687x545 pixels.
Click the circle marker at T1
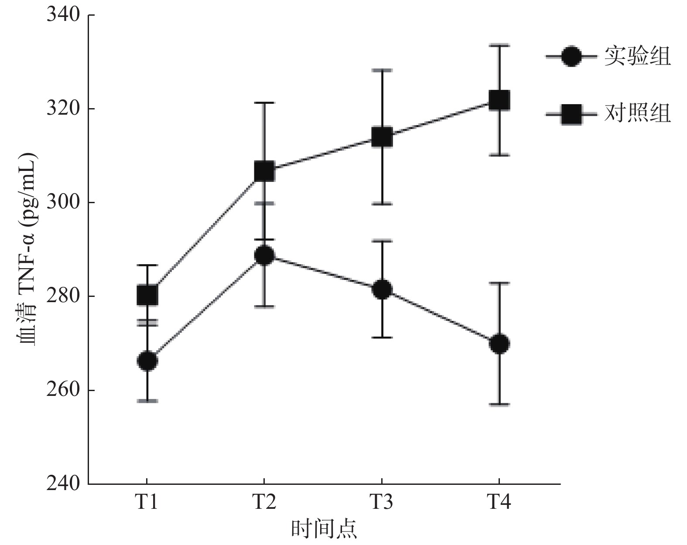(x=147, y=361)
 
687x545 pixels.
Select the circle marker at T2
(x=264, y=255)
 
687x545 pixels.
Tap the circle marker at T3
(x=382, y=290)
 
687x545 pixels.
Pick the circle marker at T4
(x=499, y=344)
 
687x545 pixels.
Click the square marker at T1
(x=147, y=296)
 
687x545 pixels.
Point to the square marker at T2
(x=264, y=171)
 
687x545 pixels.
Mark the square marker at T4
(x=499, y=100)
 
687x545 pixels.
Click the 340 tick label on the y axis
(x=63, y=15)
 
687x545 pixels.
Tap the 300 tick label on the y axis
(x=63, y=203)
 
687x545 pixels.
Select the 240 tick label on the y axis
(x=63, y=484)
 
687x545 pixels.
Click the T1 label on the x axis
(x=146, y=502)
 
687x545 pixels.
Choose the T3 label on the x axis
(x=381, y=502)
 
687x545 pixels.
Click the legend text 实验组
(x=637, y=56)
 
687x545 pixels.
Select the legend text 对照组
(x=637, y=114)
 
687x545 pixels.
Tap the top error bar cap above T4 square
(x=499, y=45)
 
